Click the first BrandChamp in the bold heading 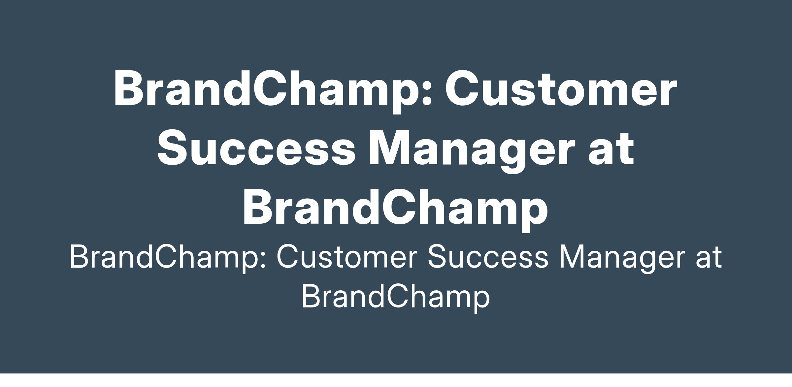point(273,88)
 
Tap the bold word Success point(256,147)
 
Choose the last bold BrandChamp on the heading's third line point(395,207)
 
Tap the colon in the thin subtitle point(263,259)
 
